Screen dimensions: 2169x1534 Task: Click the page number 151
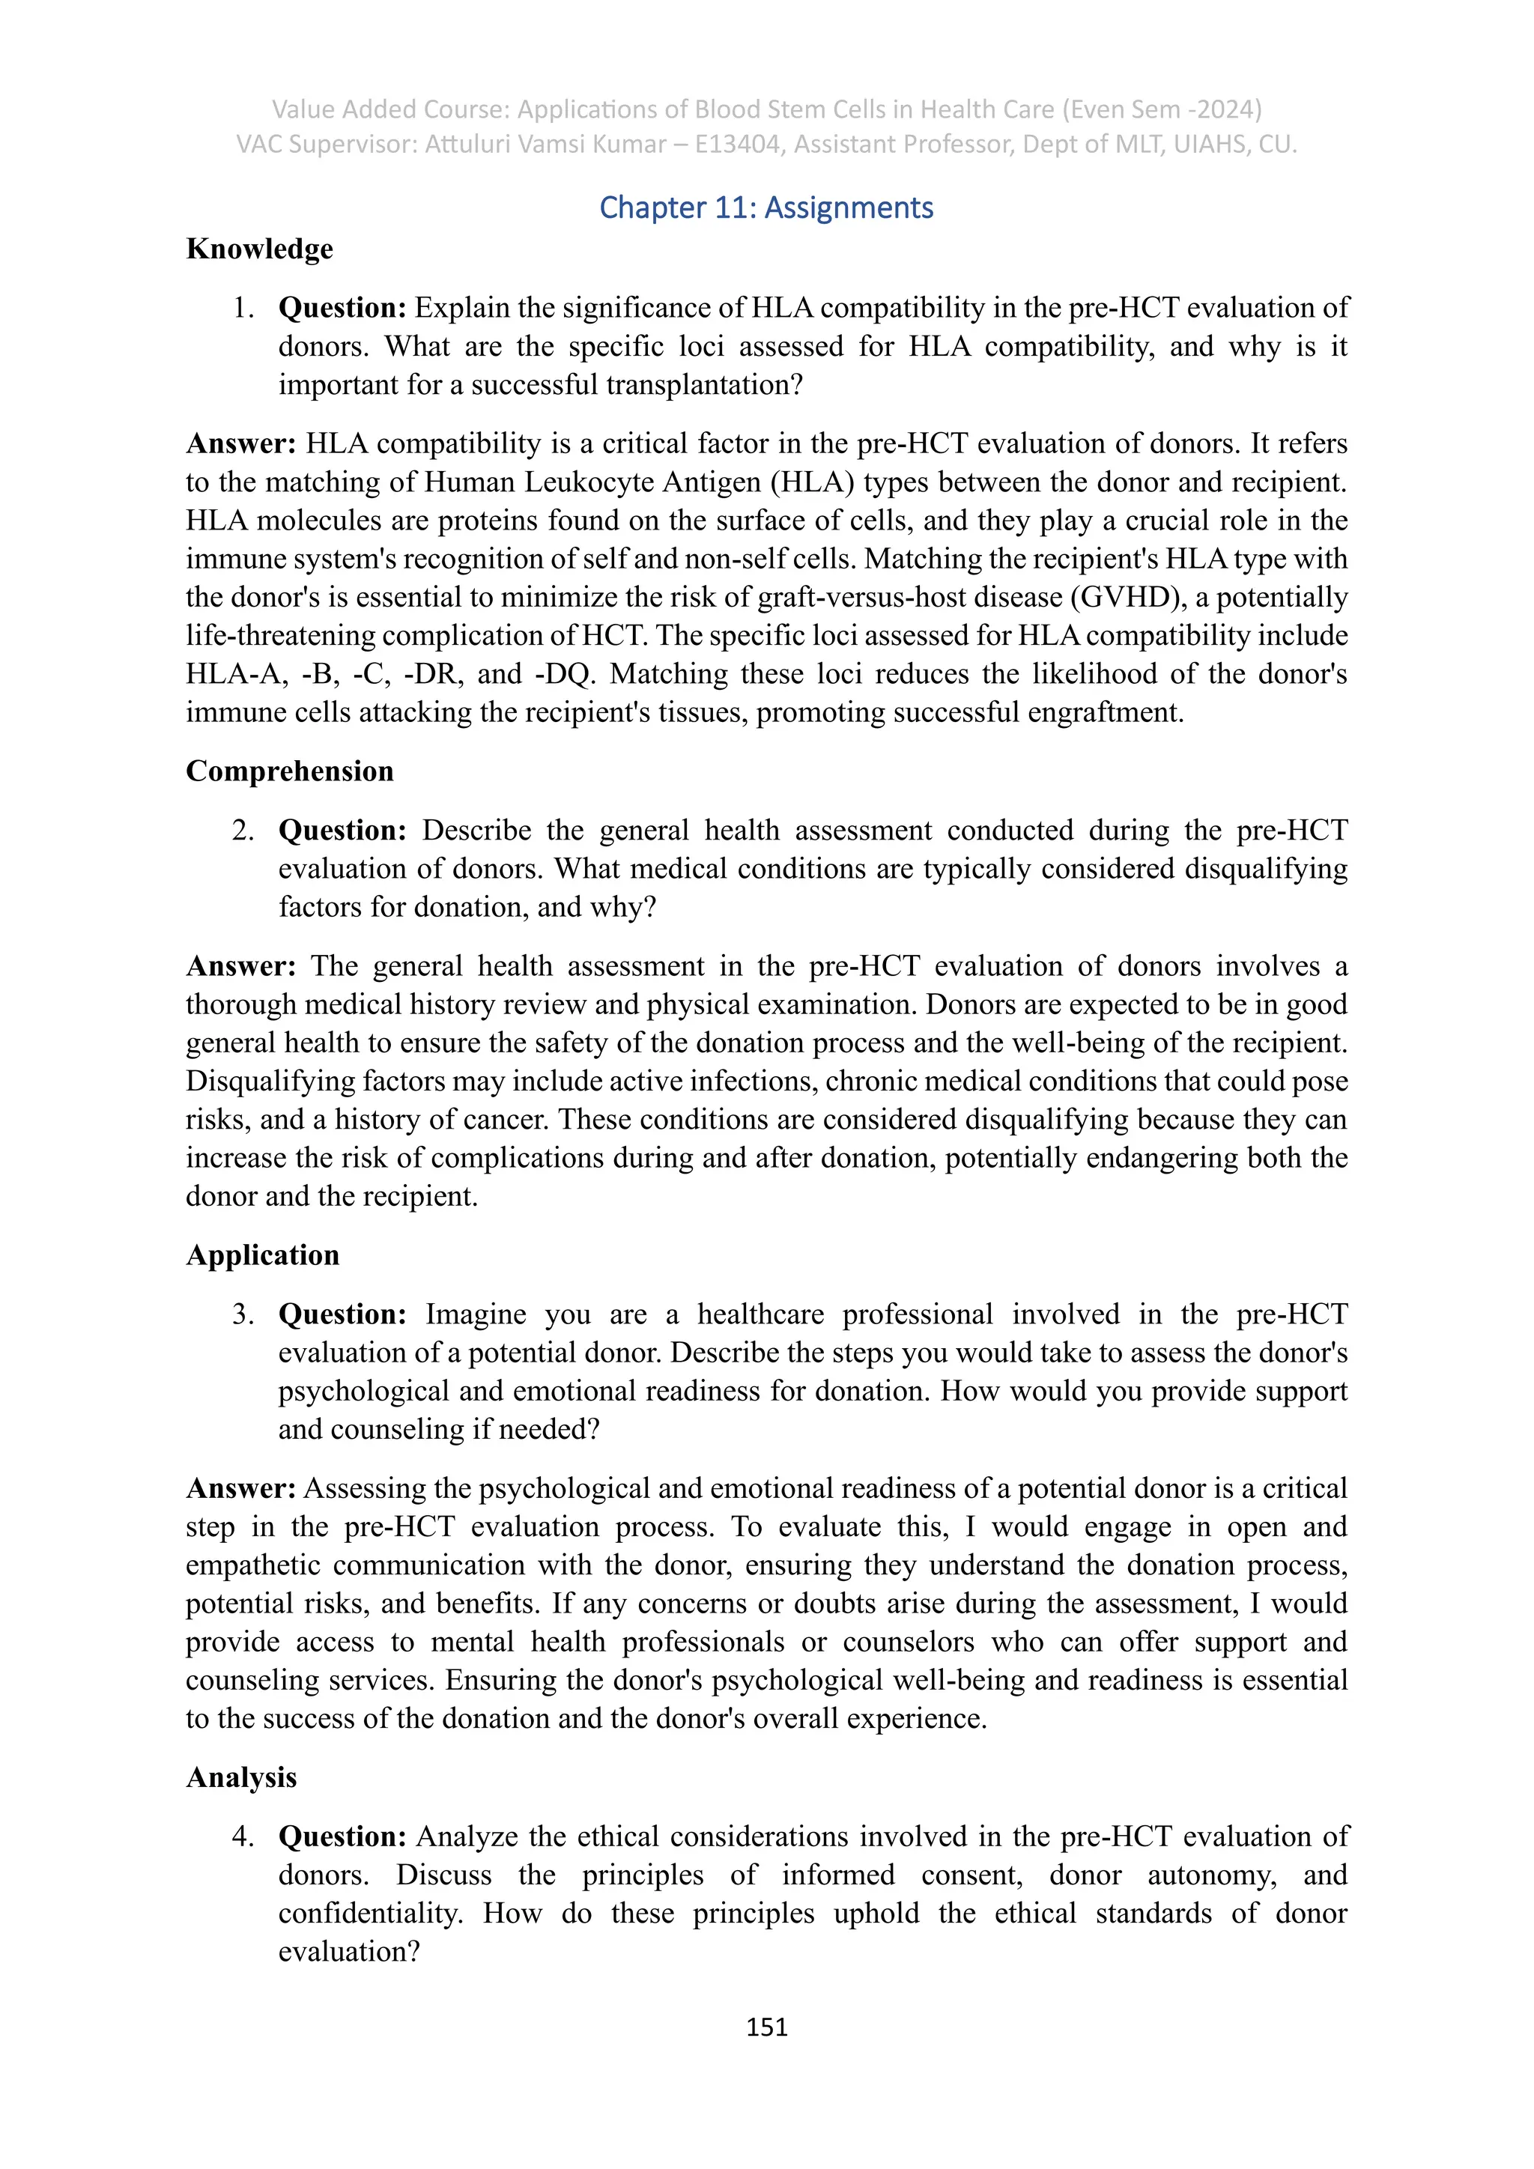766,2027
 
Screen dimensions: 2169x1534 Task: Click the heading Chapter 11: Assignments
766,207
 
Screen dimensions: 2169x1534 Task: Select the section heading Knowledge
260,249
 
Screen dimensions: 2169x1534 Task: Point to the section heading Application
263,1255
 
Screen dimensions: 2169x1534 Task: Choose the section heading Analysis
242,1778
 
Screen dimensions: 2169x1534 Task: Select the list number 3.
243,1315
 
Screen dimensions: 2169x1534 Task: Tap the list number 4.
243,1837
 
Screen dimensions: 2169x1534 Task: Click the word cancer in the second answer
510,1120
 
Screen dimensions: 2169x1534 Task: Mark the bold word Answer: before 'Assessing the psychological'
241,1489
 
